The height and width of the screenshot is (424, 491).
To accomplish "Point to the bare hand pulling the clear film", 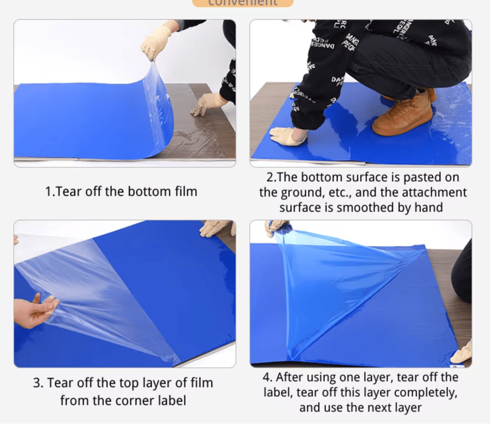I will coord(35,311).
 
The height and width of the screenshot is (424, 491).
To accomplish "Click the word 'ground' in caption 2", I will coord(315,193).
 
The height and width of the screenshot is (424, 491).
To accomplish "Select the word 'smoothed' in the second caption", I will coord(363,207).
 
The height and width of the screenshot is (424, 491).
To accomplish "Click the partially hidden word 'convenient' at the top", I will coord(243,3).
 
